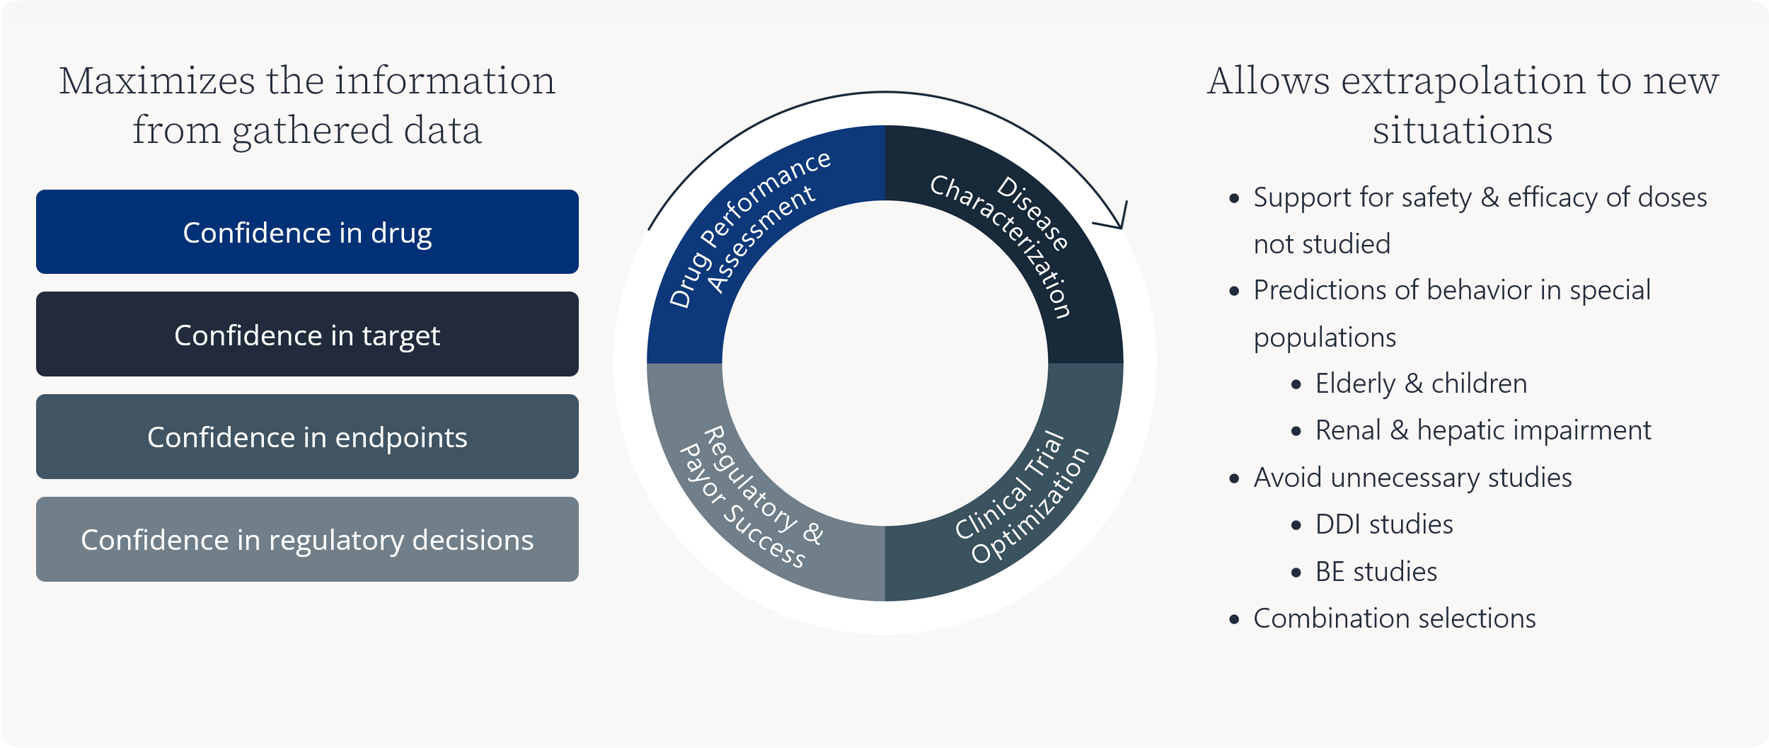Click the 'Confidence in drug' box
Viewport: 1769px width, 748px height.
point(307,231)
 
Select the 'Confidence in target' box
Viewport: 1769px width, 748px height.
point(307,334)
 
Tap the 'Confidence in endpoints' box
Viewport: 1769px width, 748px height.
point(307,437)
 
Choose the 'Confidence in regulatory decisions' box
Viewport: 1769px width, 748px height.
point(307,539)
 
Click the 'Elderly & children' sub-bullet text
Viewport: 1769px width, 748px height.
point(1421,384)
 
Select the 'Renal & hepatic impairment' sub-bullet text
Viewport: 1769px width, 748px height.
point(1483,430)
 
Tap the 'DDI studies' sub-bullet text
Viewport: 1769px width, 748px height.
point(1384,524)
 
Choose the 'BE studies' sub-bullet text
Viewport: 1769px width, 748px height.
point(1376,572)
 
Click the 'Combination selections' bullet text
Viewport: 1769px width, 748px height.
point(1395,618)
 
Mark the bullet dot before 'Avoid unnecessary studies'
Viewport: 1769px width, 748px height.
point(1235,479)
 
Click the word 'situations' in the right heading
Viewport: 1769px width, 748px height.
point(1463,130)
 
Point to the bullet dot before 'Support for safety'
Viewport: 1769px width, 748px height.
point(1235,199)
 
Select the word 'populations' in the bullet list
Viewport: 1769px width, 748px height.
point(1325,338)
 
